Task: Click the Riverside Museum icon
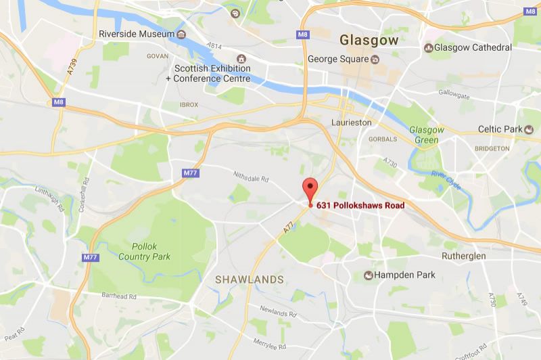click(181, 34)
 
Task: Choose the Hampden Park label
click(405, 275)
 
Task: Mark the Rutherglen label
click(464, 256)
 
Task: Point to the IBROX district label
click(189, 105)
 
